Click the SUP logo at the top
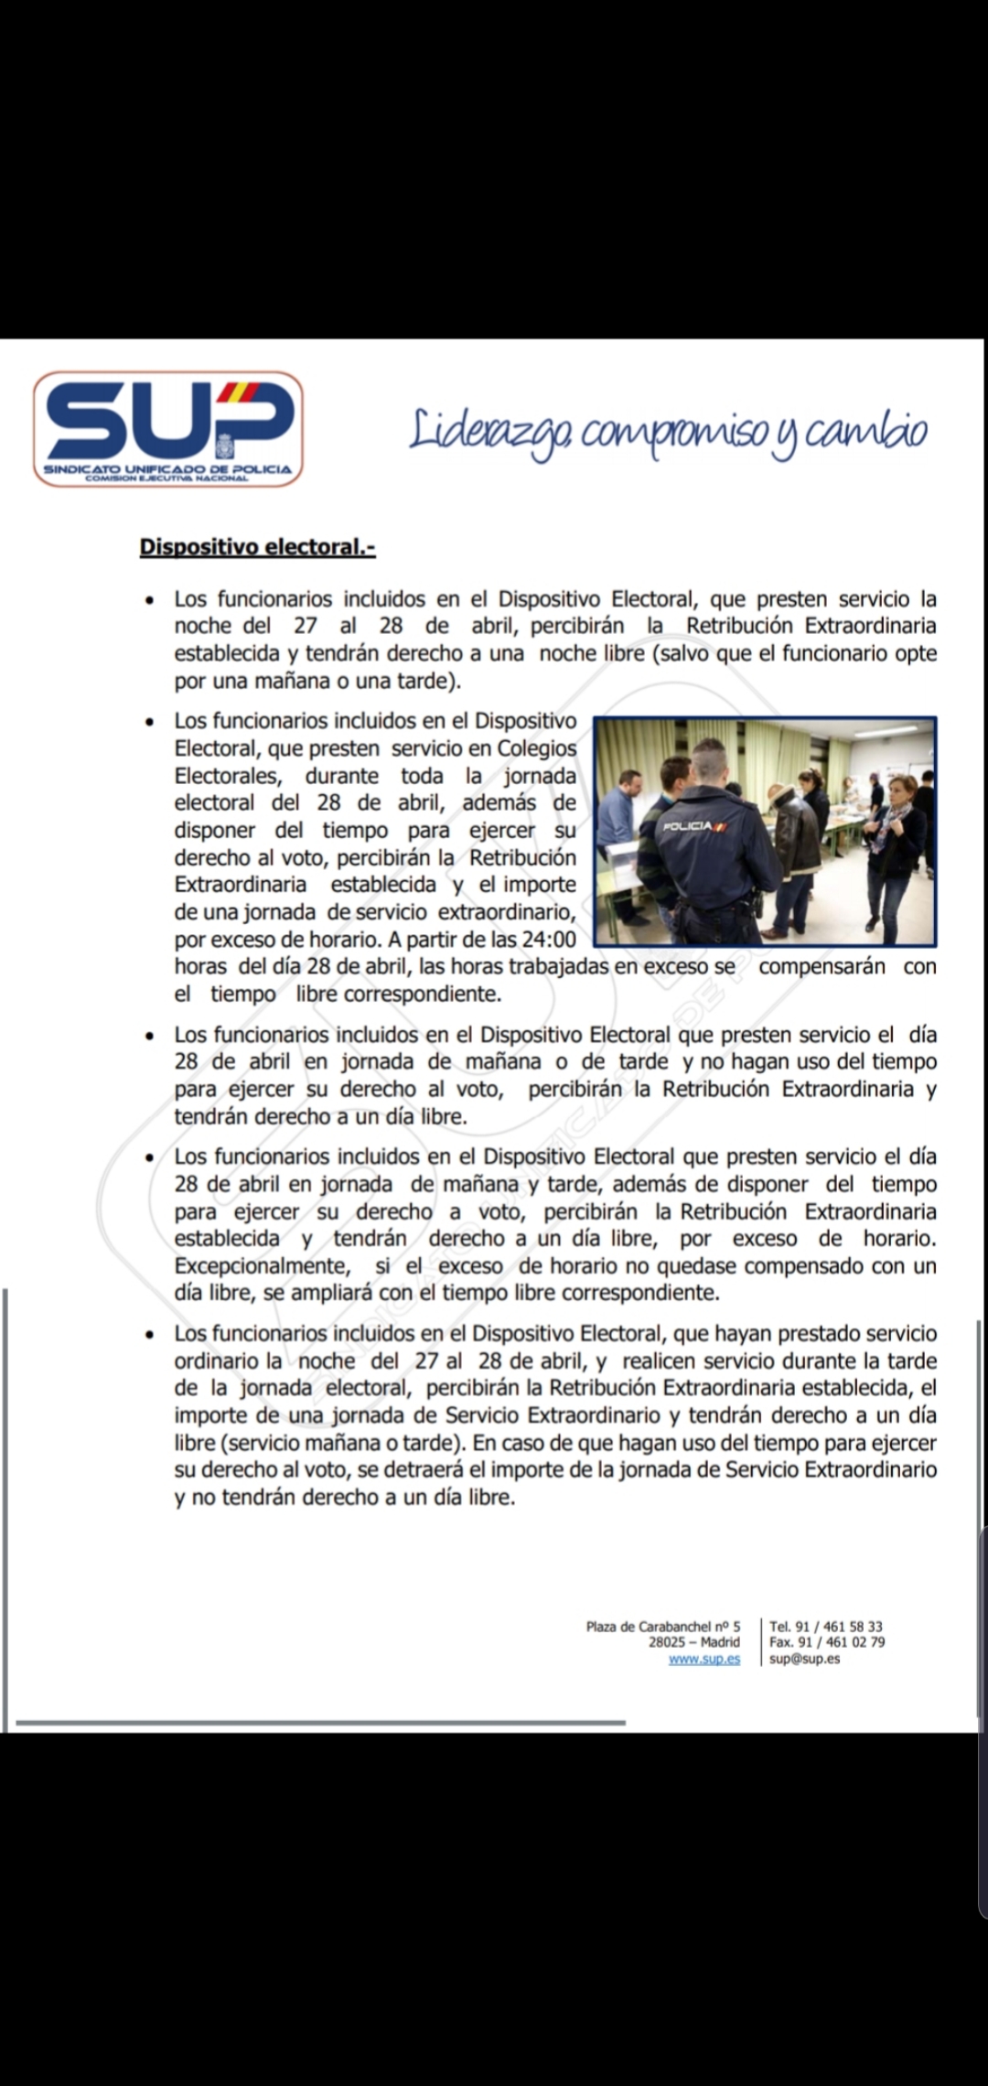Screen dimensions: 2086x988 [x=168, y=427]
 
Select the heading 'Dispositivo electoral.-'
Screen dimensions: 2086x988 [x=257, y=547]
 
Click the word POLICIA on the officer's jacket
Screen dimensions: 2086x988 [x=688, y=826]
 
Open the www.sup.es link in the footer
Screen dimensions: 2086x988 [x=703, y=1659]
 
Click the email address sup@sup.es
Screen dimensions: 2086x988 [x=804, y=1659]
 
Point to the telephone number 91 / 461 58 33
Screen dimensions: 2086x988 [x=839, y=1626]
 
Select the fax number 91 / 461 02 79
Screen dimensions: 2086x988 [x=841, y=1642]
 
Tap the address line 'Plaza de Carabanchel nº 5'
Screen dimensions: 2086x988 [x=662, y=1626]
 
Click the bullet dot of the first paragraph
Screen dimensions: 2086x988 [x=149, y=601]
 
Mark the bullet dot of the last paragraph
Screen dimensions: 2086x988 [x=149, y=1335]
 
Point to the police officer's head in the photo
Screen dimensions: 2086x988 [x=708, y=758]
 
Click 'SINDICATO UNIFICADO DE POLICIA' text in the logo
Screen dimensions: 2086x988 [x=168, y=469]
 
